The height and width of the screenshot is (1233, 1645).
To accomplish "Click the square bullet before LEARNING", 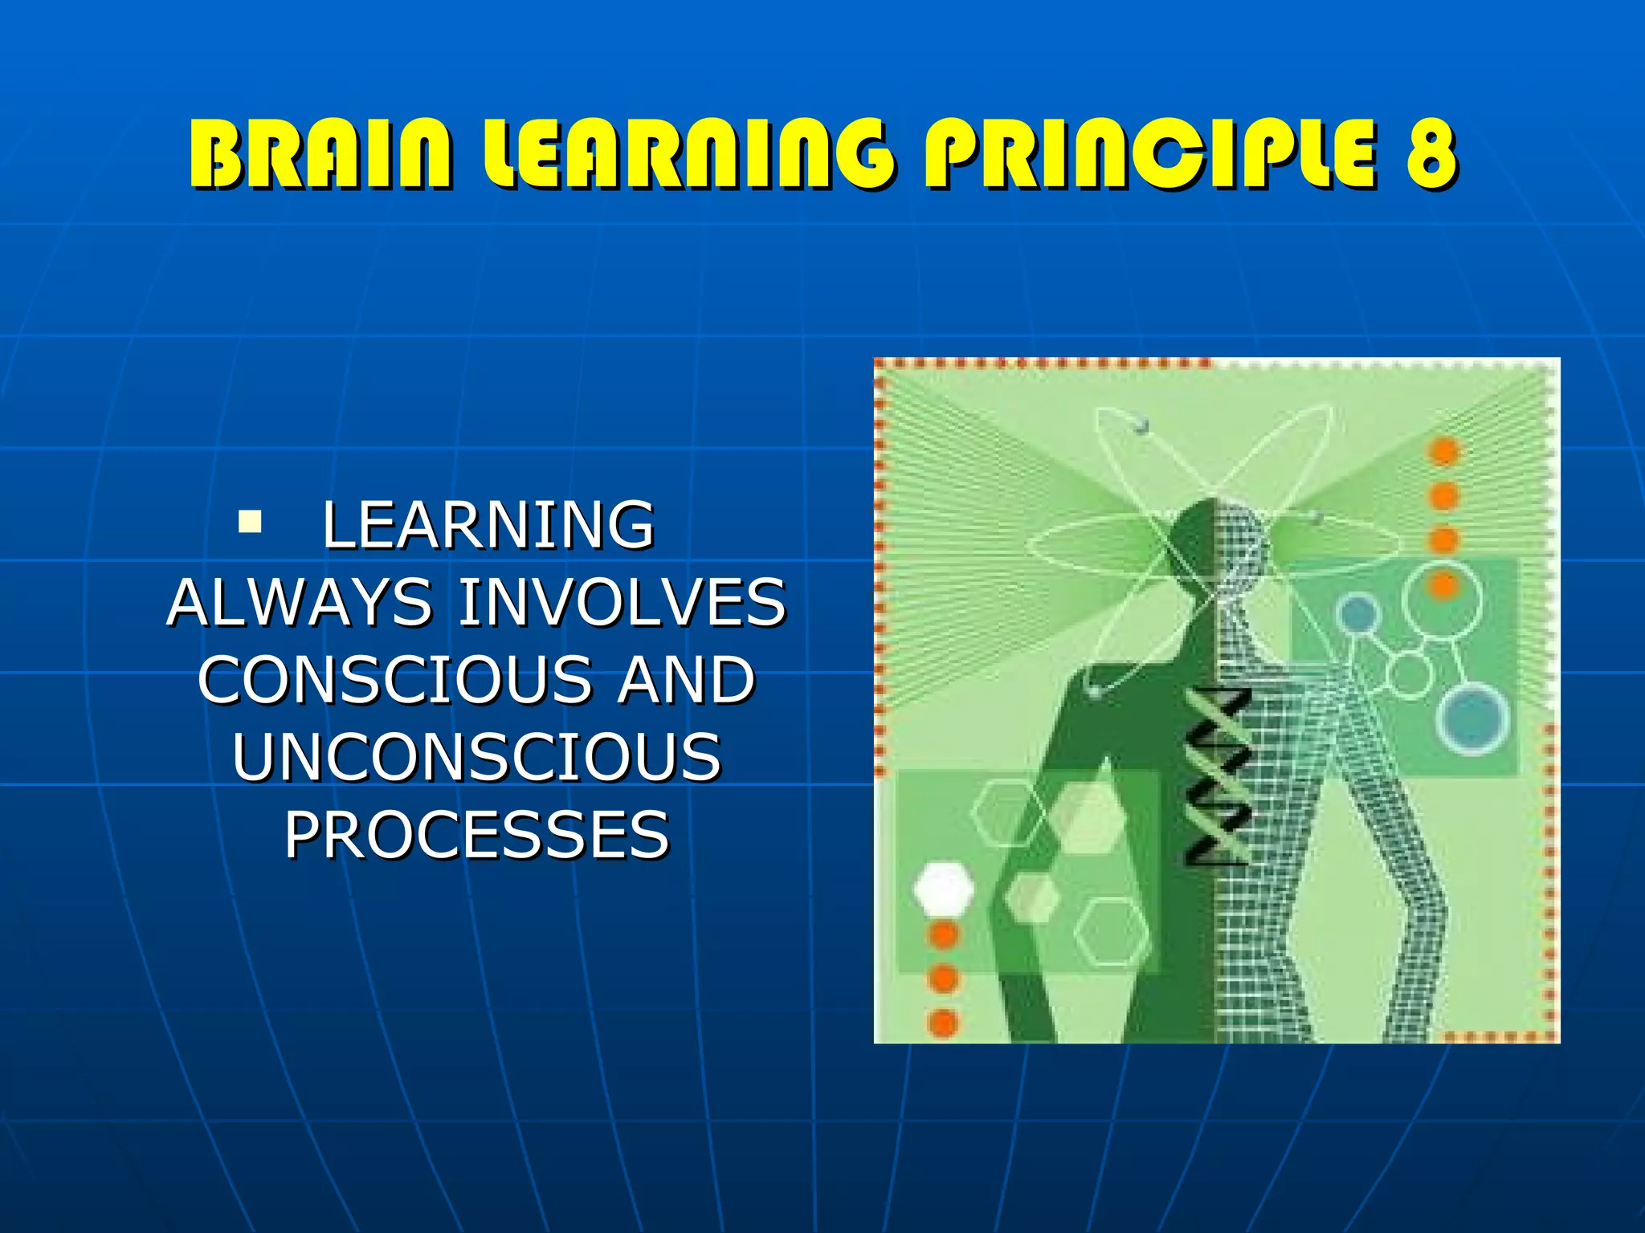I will click(250, 523).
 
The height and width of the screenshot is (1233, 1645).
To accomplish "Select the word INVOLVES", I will click(622, 602).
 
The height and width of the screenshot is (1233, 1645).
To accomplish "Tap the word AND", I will click(685, 680).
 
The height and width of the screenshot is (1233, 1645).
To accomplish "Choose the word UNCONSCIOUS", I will click(476, 757).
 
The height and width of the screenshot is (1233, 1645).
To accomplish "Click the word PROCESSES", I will click(476, 835).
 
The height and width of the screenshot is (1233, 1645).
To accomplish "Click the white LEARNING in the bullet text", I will click(488, 525).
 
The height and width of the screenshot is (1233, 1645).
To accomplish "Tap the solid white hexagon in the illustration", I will click(944, 888).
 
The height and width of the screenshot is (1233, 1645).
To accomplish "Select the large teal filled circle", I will click(1472, 720).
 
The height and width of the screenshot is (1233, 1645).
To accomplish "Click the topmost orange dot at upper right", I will click(1443, 451).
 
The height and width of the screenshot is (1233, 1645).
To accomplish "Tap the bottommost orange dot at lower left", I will click(943, 1023).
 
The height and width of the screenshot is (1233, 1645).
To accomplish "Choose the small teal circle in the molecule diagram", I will click(1357, 613).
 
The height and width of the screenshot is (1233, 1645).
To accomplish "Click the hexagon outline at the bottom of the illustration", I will click(1112, 931).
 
